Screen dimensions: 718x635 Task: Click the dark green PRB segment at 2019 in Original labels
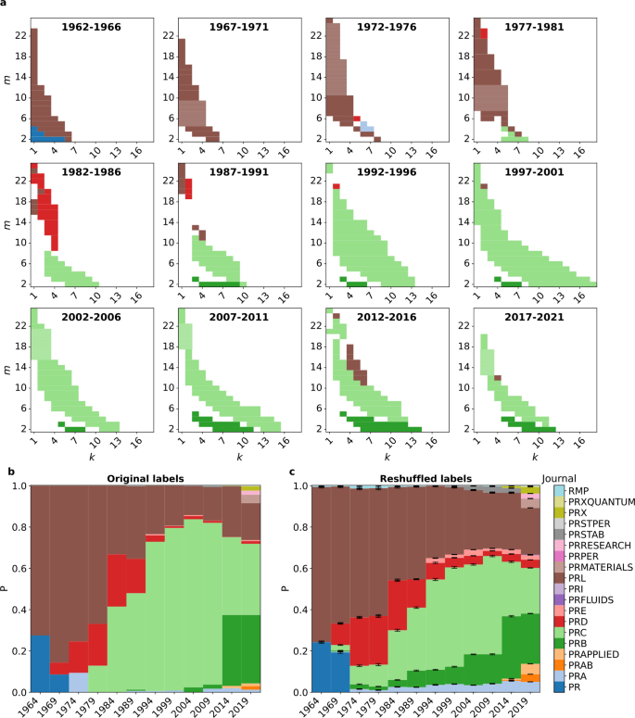coord(249,649)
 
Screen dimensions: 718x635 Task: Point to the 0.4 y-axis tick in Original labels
coord(19,610)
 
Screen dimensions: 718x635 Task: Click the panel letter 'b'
coord(10,472)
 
